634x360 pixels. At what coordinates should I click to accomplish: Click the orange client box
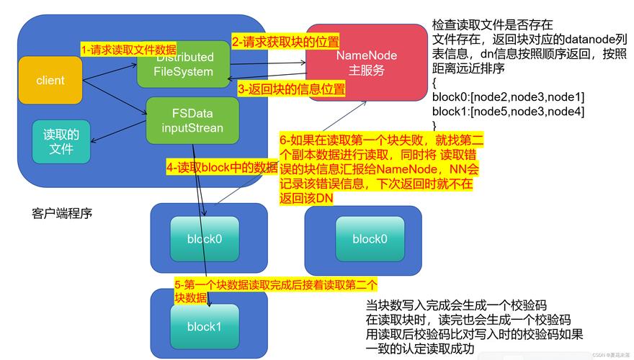(x=50, y=80)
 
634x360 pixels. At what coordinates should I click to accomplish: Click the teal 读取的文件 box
(x=62, y=141)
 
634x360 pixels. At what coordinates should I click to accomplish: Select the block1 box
(x=203, y=326)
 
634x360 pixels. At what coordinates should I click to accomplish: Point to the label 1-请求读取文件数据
(x=128, y=50)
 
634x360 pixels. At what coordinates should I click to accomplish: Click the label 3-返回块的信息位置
(x=291, y=89)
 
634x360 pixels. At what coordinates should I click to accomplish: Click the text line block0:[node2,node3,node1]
(x=508, y=96)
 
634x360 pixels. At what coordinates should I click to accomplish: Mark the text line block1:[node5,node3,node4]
(x=508, y=111)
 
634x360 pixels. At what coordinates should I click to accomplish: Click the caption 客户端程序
(x=62, y=214)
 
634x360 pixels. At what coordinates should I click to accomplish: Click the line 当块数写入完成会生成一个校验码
(x=456, y=305)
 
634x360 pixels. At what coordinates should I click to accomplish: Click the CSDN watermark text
(x=610, y=355)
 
